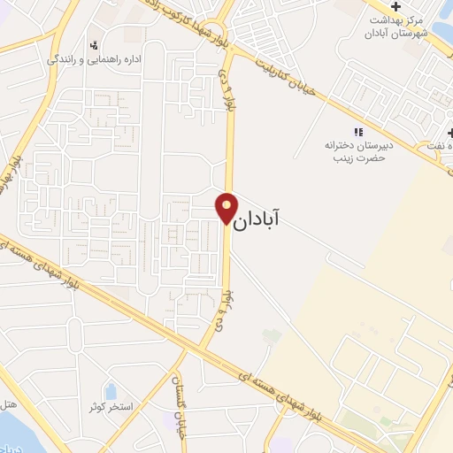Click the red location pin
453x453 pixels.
(x=226, y=208)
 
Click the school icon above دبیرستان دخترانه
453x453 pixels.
(x=359, y=132)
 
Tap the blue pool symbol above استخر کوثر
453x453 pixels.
(x=110, y=390)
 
